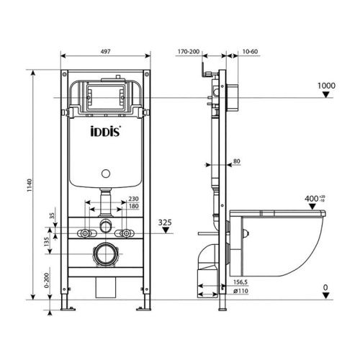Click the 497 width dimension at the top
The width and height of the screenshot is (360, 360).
pos(104,52)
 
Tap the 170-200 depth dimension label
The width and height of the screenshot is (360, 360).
pos(190,52)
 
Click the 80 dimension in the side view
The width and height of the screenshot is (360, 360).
pos(238,162)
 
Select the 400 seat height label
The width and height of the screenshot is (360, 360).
pos(311,197)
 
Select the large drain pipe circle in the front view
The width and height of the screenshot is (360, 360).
pos(107,255)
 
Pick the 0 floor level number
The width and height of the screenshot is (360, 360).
pos(325,287)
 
